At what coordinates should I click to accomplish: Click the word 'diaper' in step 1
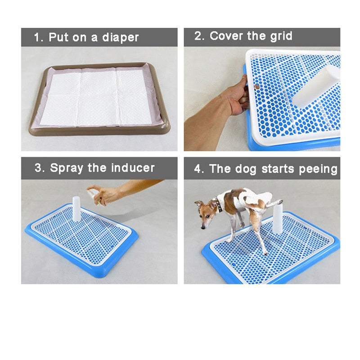pyautogui.click(x=120, y=38)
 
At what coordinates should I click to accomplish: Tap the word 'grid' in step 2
pyautogui.click(x=281, y=36)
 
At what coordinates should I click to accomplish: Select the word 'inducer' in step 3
pyautogui.click(x=133, y=168)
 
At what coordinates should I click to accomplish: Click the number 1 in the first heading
pyautogui.click(x=37, y=37)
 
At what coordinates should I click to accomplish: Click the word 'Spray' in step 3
pyautogui.click(x=67, y=168)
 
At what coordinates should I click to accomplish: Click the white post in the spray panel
pyautogui.click(x=76, y=209)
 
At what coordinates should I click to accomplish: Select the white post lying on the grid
pyautogui.click(x=316, y=86)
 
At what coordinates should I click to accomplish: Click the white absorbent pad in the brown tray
pyautogui.click(x=96, y=97)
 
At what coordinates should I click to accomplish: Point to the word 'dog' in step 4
pyautogui.click(x=245, y=170)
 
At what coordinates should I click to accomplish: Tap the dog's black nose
pyautogui.click(x=203, y=227)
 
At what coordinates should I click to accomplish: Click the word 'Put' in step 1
pyautogui.click(x=58, y=37)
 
